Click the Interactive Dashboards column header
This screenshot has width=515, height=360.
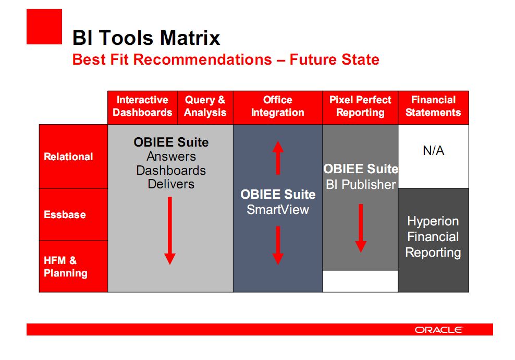(142, 106)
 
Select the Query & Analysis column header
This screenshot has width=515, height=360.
(205, 106)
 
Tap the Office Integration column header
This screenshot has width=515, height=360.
(277, 106)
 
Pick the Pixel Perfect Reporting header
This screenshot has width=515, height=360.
(360, 106)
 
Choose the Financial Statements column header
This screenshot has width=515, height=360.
(433, 106)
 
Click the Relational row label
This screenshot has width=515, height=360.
(68, 157)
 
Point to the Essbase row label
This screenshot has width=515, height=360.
(65, 214)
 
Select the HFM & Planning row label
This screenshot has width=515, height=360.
(66, 267)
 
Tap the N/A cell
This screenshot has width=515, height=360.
(434, 151)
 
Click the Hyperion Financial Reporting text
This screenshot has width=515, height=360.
(433, 237)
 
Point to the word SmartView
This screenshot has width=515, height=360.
(278, 209)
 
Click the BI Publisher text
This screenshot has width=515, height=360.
(361, 185)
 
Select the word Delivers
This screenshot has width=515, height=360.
(171, 184)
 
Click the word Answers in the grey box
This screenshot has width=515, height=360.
(171, 157)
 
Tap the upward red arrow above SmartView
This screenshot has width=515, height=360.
(278, 158)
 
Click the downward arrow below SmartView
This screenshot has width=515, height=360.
(278, 245)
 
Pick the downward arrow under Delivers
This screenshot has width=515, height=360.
(170, 231)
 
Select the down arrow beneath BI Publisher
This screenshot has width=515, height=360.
(361, 228)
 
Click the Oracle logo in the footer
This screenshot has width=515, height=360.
(439, 330)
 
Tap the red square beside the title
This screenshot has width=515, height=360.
(44, 27)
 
